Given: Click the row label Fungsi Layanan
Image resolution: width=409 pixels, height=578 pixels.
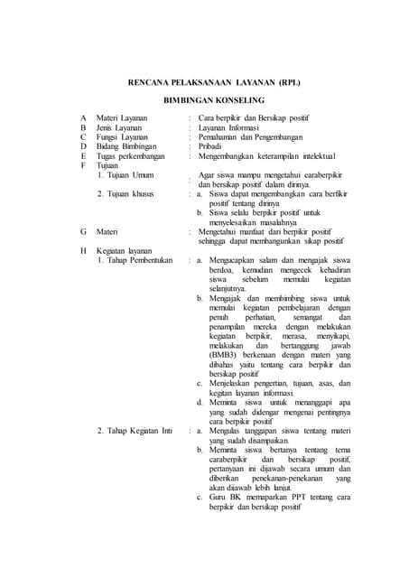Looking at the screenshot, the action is (x=123, y=137).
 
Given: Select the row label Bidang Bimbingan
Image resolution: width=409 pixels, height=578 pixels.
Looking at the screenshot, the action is (x=126, y=147).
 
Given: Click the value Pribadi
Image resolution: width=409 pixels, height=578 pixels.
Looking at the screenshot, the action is (x=212, y=147).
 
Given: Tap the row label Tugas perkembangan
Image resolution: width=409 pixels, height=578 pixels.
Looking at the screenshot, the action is (x=132, y=157).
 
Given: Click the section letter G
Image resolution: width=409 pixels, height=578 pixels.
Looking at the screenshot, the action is (x=84, y=232).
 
